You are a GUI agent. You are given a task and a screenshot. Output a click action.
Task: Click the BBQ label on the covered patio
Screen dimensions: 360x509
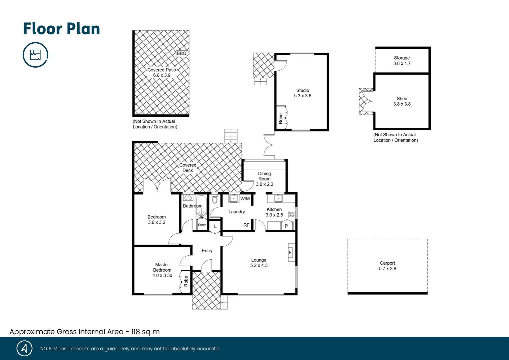tap(182, 53)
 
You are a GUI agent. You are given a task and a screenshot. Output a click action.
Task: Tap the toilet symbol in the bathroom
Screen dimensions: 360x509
tap(215, 199)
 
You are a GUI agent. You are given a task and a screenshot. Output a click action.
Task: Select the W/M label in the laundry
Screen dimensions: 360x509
tap(245, 199)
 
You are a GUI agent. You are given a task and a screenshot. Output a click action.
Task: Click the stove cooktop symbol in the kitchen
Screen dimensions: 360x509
tap(291, 214)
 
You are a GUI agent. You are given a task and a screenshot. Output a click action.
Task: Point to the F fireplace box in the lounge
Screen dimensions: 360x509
tap(290, 252)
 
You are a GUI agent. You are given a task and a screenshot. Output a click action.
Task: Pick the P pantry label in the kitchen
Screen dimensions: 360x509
tap(286, 226)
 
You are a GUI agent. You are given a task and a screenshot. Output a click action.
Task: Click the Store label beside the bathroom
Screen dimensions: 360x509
tap(202, 225)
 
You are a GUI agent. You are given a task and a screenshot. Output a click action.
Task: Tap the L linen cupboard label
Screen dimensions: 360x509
tap(215, 226)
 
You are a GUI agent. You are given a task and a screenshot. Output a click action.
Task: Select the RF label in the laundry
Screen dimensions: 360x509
tap(246, 225)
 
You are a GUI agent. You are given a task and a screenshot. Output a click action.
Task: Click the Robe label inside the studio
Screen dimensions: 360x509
tap(280, 118)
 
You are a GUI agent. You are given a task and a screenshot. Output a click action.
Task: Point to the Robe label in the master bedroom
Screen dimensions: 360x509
tap(186, 281)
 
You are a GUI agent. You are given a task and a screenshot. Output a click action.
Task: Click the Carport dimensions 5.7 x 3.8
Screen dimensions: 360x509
tap(387, 269)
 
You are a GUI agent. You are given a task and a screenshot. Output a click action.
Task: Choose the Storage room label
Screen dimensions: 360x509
tap(402, 58)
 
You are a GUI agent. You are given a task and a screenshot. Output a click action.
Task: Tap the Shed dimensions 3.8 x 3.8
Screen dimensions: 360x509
tap(402, 104)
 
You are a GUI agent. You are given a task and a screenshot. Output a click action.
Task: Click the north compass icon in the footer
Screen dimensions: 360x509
tap(24, 348)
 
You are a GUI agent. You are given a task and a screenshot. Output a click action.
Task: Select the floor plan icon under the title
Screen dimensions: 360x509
tap(35, 55)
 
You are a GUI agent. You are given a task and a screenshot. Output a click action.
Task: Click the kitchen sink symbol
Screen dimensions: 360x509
tap(278, 199)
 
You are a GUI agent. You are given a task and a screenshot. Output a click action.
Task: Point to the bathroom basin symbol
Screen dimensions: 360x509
tap(188, 197)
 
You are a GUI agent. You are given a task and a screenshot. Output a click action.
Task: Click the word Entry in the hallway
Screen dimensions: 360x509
tap(207, 251)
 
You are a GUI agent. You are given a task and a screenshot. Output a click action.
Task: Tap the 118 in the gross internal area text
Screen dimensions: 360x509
tap(136, 332)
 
